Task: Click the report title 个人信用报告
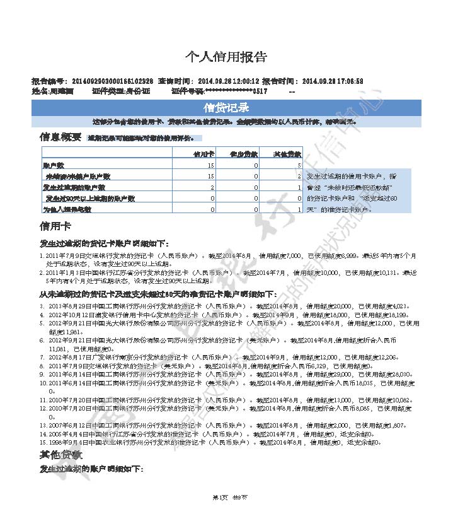point(226,57)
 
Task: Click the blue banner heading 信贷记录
point(226,107)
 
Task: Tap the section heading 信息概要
point(60,137)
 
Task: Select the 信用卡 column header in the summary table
point(204,154)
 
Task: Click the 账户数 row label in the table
point(53,165)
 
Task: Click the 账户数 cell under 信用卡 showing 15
point(211,165)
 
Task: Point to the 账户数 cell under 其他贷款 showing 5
point(299,165)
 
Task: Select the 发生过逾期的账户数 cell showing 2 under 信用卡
point(212,187)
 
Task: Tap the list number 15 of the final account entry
point(43,443)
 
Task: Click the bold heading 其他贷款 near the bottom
point(60,455)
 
